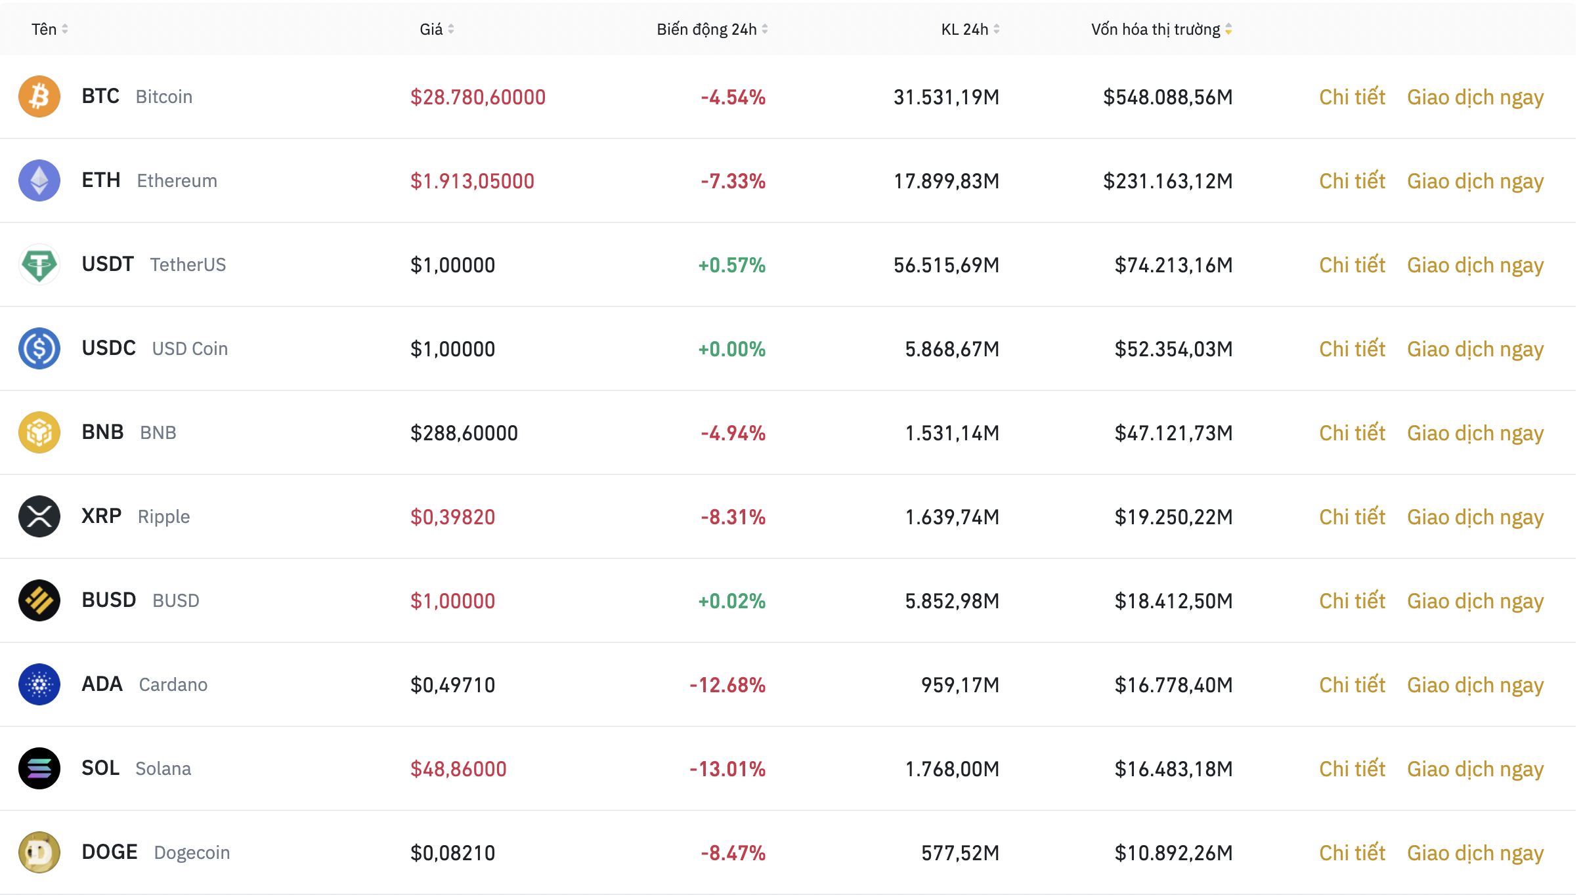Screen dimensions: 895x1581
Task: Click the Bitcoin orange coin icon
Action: [39, 96]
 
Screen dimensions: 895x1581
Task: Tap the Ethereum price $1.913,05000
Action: [472, 181]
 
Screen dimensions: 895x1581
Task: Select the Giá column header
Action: [431, 30]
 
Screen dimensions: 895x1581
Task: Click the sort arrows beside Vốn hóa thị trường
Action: [1228, 30]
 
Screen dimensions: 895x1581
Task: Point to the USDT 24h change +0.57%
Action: [731, 265]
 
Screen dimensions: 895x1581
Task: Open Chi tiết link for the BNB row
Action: [1352, 433]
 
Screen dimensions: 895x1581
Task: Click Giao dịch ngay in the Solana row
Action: [1475, 769]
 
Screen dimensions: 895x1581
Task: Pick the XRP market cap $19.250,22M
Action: [1173, 517]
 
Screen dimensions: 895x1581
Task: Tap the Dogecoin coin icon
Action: [39, 852]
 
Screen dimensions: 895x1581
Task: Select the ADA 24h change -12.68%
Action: [727, 685]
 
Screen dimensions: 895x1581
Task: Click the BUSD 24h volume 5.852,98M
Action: [952, 601]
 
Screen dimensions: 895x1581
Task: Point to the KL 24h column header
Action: [964, 30]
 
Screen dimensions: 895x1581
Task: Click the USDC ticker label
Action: [109, 348]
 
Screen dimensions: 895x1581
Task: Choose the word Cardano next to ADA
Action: [173, 685]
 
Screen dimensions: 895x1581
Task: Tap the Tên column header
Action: [44, 30]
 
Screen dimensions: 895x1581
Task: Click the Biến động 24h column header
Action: [706, 30]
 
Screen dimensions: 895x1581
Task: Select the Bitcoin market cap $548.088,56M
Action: [1167, 97]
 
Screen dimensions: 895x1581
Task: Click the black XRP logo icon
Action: [39, 516]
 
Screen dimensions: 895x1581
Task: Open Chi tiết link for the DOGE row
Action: [1352, 853]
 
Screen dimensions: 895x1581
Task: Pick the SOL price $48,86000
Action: [458, 769]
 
